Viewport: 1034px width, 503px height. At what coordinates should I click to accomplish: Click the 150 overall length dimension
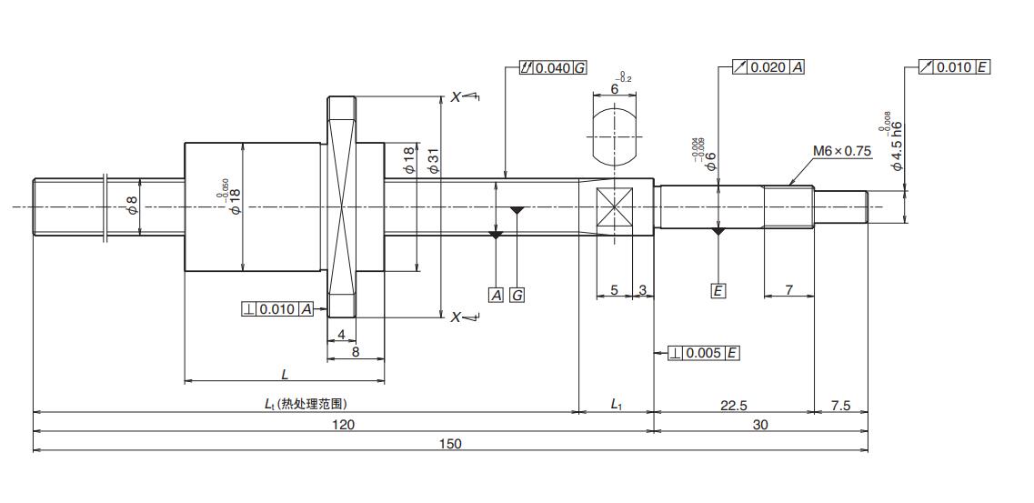(x=450, y=443)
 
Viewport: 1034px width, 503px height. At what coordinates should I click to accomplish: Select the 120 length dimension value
(x=343, y=424)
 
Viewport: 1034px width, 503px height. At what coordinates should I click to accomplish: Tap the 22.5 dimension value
(x=733, y=406)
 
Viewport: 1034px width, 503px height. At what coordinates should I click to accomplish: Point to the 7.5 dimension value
(x=840, y=406)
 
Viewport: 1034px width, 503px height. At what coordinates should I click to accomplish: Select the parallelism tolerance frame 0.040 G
(x=553, y=68)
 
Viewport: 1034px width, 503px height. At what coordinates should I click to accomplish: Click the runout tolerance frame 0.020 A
(x=768, y=67)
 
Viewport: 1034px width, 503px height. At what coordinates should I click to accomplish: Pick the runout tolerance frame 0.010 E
(x=954, y=67)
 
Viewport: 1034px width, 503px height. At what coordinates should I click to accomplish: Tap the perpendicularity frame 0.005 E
(x=703, y=353)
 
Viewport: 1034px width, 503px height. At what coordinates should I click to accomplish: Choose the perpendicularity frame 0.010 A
(x=277, y=309)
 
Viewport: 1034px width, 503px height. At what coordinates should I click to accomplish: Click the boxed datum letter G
(x=517, y=295)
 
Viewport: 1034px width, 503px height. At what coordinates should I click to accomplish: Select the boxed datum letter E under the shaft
(x=718, y=291)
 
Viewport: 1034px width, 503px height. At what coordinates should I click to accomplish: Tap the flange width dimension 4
(x=341, y=334)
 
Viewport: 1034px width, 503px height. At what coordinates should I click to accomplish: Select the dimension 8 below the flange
(x=355, y=351)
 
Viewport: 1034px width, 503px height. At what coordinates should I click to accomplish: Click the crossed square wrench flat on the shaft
(x=615, y=207)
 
